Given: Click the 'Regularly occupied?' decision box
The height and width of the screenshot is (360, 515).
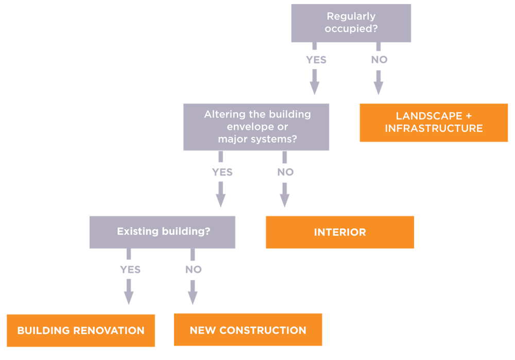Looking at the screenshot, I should coord(351,23).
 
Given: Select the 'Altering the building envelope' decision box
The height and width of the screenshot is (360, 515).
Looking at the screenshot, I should coord(256,127).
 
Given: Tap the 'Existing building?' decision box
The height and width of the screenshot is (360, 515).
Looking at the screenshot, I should coord(162,232).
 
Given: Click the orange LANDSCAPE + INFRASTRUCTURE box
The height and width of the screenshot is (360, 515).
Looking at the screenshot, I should coord(434,123).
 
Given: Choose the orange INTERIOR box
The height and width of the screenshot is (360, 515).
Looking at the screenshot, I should coord(339,232).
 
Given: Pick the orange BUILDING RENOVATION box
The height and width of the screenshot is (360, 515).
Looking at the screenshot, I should coord(81,331).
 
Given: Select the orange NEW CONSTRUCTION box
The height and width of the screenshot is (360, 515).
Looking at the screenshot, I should coord(248,330).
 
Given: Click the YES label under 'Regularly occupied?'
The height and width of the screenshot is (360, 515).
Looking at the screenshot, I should coord(316,60).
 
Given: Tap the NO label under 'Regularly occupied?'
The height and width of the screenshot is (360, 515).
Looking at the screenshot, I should coord(379,60).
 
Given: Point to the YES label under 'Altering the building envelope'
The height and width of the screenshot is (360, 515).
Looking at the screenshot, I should coord(222,172).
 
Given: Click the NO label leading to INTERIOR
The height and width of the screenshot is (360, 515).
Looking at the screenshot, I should coord(285,172).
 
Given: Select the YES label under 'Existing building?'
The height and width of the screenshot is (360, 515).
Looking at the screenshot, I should coord(130,269).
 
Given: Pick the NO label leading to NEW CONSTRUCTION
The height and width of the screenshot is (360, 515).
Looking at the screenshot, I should coord(193,269).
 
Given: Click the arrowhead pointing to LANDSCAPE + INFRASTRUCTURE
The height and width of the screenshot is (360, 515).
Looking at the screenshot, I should coord(379,88).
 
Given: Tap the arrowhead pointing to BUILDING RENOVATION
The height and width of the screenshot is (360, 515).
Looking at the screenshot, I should coord(129,298).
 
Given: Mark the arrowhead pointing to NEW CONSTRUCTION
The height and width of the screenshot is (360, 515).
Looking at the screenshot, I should coord(193,298).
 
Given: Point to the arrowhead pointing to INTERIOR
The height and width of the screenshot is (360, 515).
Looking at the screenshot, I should coord(285,200).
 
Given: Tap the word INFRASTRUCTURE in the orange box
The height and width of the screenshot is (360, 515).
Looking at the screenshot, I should coord(434,128).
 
